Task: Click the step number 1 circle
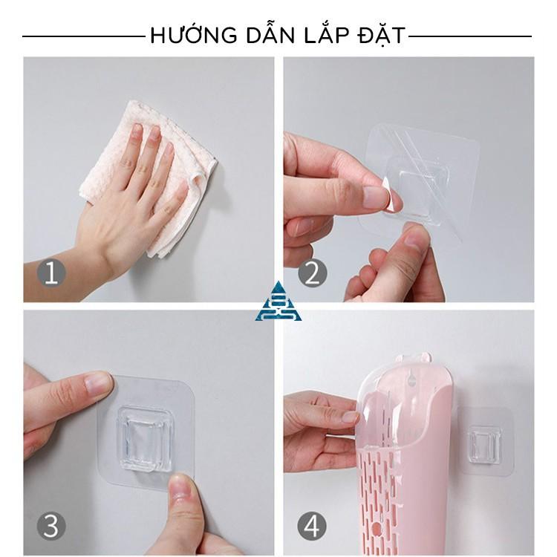point(51,273)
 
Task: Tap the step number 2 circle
point(312,273)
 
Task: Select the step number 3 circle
point(51,526)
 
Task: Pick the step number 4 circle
point(312,526)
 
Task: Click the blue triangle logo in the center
point(278,302)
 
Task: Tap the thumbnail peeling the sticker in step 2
point(377,196)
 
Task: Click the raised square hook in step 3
point(145,440)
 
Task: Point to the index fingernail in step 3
point(100,383)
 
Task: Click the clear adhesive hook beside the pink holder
point(486,441)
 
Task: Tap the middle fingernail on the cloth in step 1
point(154,133)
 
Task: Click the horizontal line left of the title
point(84,36)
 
